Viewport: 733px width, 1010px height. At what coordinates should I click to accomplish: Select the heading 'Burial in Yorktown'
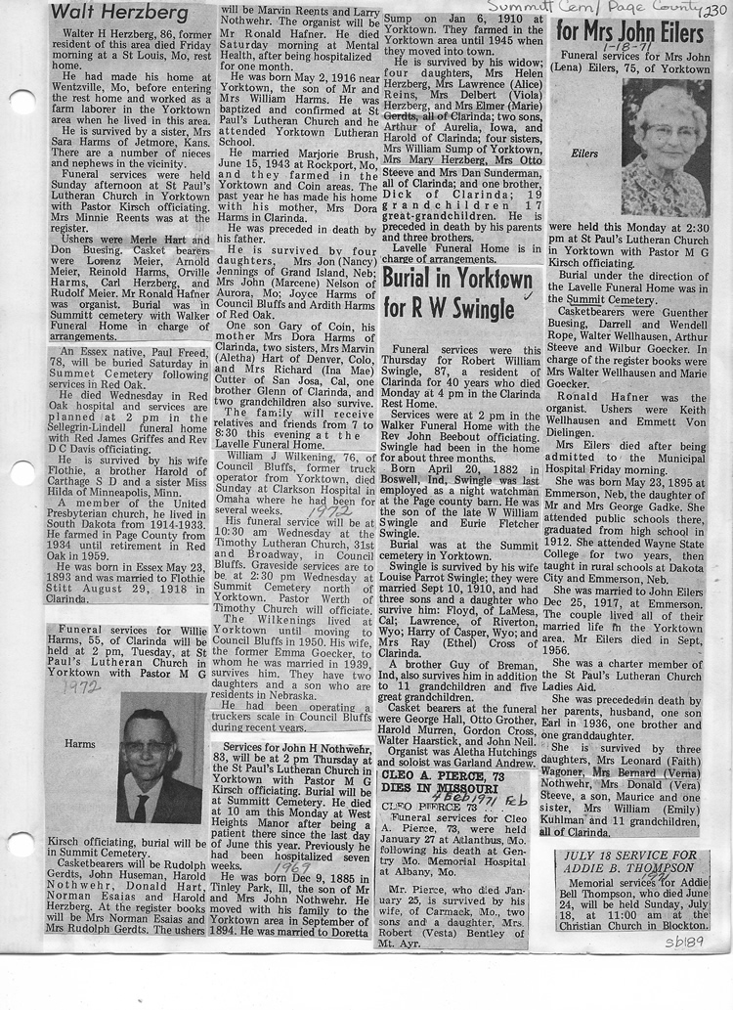tap(459, 279)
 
